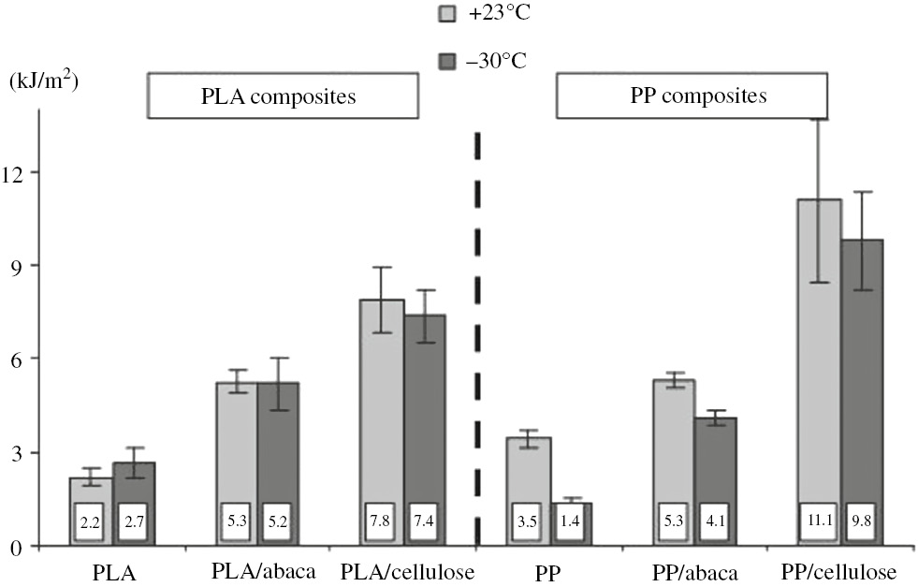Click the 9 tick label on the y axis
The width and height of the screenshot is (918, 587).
pos(24,265)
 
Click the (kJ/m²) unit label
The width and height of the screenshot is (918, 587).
pos(43,81)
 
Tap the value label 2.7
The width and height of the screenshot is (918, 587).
pos(133,522)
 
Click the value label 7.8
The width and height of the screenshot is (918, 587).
pos(382,522)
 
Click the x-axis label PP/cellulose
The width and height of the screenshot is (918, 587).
pos(839,571)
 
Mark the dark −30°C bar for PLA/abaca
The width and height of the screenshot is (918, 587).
pos(278,449)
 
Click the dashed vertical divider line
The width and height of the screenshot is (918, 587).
pos(477,337)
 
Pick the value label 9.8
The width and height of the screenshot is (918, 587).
pos(862,522)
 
